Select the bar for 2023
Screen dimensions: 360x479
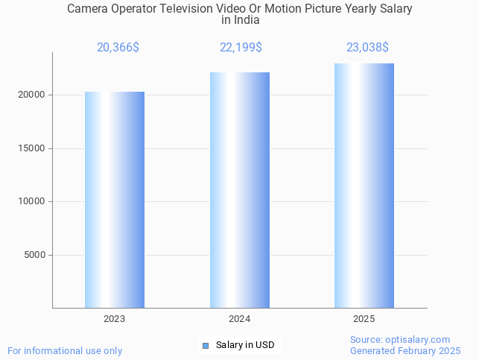115,200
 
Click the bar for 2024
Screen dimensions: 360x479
239,190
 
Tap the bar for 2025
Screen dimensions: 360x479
364,186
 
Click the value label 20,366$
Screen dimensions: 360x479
118,48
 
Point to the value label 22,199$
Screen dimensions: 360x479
241,48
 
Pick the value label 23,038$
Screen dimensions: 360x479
367,48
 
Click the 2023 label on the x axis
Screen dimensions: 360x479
115,319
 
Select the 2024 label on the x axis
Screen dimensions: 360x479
239,319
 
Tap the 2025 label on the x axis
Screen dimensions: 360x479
364,319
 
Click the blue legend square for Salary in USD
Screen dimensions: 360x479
206,345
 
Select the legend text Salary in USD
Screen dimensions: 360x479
245,345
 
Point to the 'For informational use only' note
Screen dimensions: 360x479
65,350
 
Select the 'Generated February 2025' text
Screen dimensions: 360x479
405,350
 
